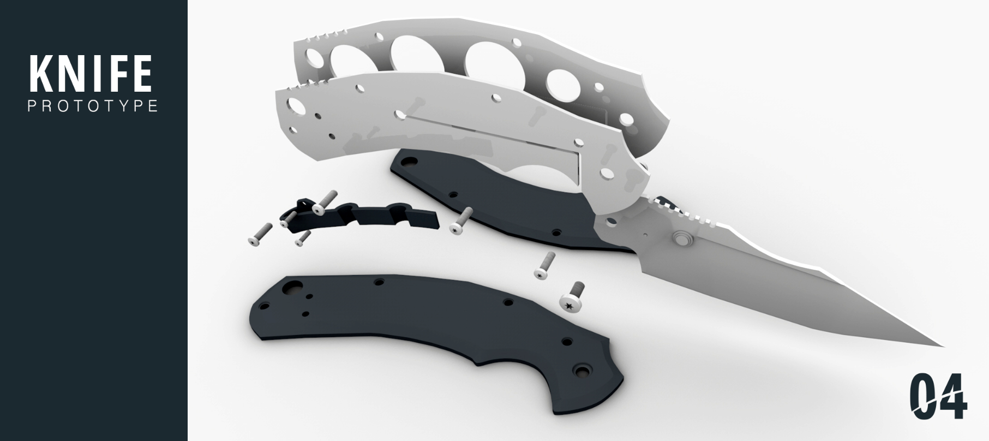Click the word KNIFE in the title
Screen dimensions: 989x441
coord(91,74)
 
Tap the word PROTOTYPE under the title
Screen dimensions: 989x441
coord(93,105)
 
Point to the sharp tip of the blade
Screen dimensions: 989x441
coord(943,346)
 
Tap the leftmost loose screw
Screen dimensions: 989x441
coord(260,234)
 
